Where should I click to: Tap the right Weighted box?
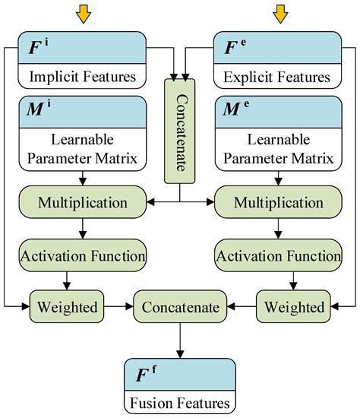coord(295,308)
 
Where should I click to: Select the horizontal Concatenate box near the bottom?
coord(180,308)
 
